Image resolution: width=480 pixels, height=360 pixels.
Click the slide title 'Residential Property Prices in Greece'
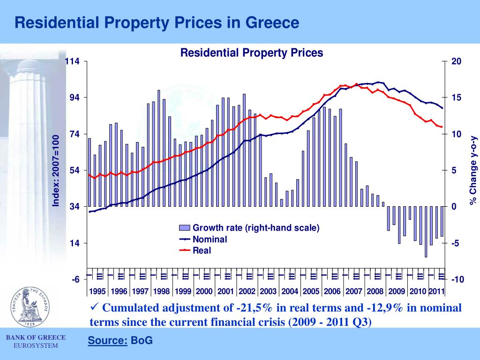[156, 22]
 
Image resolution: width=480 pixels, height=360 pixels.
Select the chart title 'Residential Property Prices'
[252, 52]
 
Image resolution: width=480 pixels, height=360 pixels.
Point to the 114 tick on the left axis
[73, 61]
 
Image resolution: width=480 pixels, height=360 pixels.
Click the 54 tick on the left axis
[75, 170]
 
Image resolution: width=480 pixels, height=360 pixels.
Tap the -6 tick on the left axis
[75, 279]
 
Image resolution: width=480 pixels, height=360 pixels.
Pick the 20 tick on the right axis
[456, 61]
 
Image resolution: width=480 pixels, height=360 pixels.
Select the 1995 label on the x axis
[97, 291]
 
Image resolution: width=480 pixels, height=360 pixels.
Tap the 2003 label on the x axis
[268, 291]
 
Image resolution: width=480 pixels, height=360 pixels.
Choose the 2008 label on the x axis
[375, 291]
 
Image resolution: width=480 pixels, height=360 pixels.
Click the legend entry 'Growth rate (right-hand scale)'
[256, 228]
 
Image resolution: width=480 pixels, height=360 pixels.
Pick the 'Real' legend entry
[202, 251]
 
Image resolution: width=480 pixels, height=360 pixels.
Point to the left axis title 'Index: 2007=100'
[55, 170]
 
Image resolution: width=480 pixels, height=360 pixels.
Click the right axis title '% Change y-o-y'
[473, 170]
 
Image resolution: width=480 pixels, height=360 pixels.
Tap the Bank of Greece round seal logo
[31, 307]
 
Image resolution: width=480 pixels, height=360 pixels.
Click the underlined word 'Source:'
[107, 341]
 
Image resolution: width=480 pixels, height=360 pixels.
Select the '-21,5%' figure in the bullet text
[252, 308]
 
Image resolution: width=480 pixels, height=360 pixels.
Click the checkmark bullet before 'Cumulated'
[93, 307]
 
